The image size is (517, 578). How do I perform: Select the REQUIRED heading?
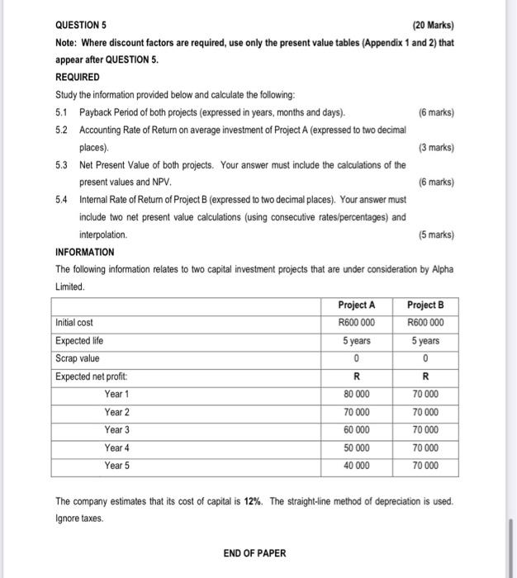click(x=77, y=77)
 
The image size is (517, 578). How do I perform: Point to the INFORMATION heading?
click(x=84, y=252)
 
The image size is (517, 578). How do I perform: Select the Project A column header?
click(x=356, y=305)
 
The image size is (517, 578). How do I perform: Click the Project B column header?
click(x=425, y=305)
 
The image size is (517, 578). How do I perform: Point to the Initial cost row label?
click(x=74, y=323)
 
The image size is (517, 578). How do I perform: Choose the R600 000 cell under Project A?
click(x=356, y=323)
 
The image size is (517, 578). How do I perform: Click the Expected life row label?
click(x=79, y=340)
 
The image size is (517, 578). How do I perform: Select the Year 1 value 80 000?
click(x=356, y=394)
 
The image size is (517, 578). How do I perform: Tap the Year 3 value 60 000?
click(x=356, y=429)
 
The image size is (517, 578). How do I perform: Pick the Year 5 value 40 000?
click(x=356, y=465)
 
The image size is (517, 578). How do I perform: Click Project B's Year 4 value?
click(x=425, y=448)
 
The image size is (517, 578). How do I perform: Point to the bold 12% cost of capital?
click(x=254, y=501)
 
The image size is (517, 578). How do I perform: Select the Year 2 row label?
click(x=116, y=412)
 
